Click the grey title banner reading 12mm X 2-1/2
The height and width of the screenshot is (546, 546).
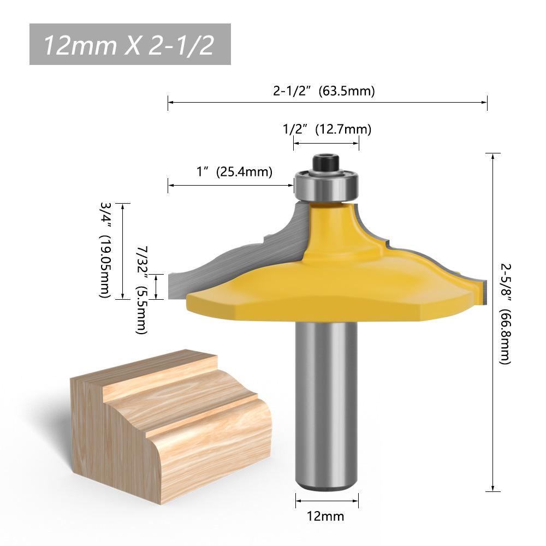(130, 44)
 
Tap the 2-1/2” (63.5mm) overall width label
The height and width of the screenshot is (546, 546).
(324, 91)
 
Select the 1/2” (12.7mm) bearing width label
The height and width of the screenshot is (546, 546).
(327, 129)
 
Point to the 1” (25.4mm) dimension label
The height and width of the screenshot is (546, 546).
(234, 171)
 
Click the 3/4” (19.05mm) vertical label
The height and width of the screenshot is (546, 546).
(105, 250)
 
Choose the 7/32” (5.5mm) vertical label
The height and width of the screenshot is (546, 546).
(142, 290)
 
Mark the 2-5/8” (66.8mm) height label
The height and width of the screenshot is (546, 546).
(505, 314)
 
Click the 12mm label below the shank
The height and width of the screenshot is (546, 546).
(325, 516)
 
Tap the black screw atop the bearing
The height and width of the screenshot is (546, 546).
(326, 163)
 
